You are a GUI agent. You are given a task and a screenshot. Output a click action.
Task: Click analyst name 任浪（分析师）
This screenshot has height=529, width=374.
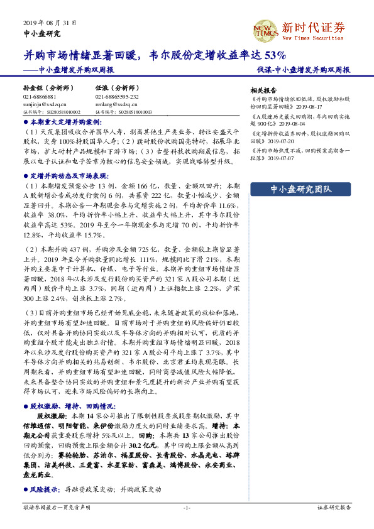116,89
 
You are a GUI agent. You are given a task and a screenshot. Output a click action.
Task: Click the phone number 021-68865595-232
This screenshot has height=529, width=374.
117,97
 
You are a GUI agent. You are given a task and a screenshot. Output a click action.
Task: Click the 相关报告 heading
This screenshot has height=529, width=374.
263,90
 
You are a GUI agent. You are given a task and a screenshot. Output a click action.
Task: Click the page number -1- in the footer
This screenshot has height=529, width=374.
187,507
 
